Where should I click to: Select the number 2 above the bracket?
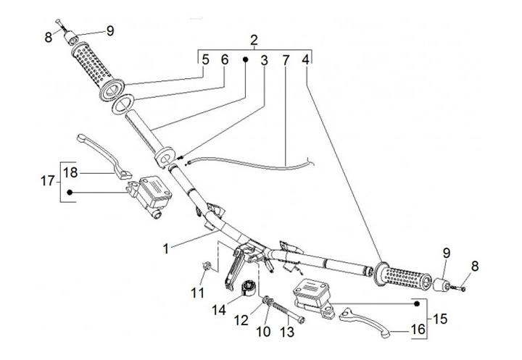point(254,39)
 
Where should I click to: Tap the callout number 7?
point(286,61)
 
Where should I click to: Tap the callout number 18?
point(70,172)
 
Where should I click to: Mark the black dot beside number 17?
point(70,192)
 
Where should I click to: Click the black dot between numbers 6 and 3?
point(245,61)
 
